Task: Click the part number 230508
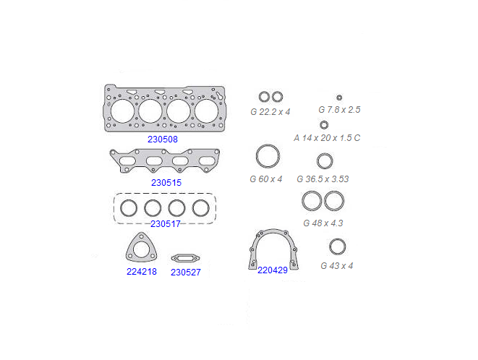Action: coord(163,140)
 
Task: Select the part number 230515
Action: coord(166,183)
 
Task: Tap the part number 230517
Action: coord(166,224)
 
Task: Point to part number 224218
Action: coord(142,271)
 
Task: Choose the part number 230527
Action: coord(186,272)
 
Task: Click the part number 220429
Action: coord(273,270)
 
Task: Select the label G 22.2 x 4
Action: coord(270,112)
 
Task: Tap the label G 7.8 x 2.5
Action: coord(339,109)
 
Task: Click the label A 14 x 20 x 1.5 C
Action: coord(327,138)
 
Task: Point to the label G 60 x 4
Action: coord(266,179)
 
